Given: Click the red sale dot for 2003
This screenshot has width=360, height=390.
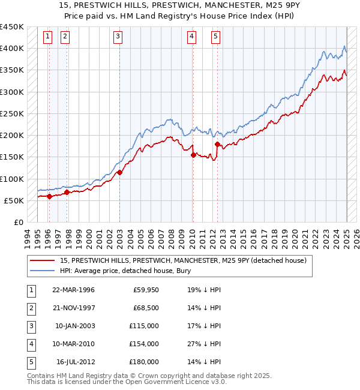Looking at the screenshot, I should click(119, 172).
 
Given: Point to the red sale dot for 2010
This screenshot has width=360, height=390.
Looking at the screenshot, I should click(193, 155).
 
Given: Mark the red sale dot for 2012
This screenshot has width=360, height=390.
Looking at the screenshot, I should click(217, 144).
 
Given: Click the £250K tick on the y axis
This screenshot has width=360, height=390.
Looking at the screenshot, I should click(12, 113).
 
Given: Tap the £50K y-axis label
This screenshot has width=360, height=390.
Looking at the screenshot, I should click(14, 200).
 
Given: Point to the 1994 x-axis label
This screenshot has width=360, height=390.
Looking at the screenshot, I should click(28, 237).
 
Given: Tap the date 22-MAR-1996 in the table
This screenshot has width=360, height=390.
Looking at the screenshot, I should click(74, 290).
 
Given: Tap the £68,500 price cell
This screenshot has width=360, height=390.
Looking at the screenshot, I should click(145, 308).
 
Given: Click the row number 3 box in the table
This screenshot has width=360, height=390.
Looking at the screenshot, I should click(29, 326).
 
